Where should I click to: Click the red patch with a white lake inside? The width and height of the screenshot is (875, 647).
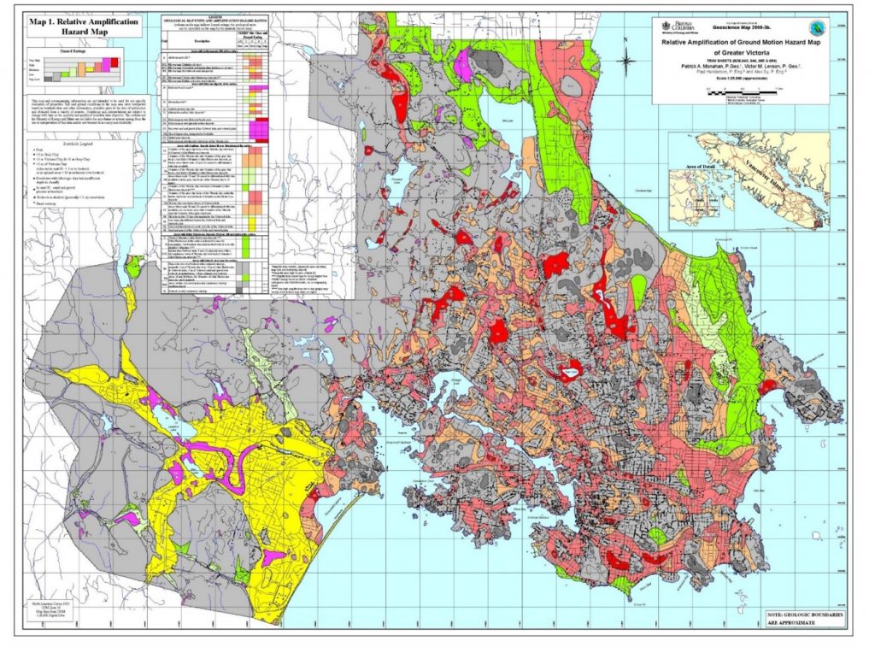pyautogui.click(x=567, y=370)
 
